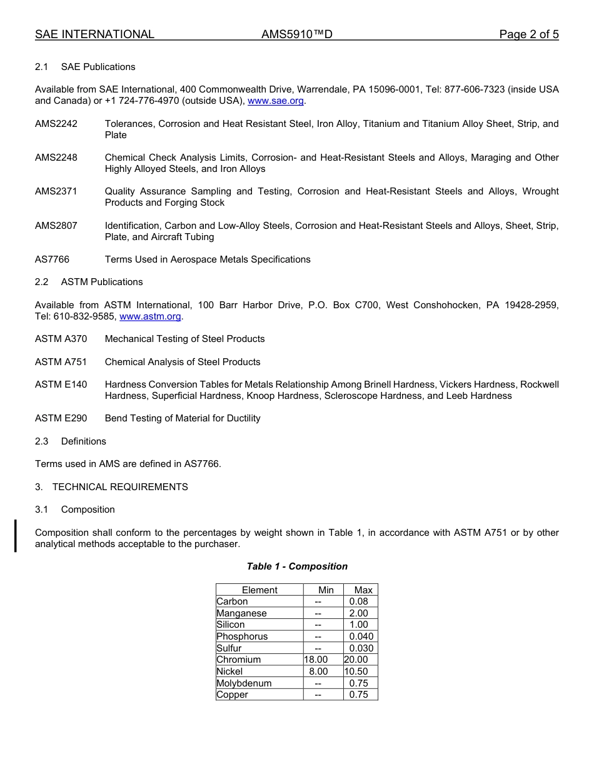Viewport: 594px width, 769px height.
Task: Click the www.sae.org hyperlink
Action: pos(276,101)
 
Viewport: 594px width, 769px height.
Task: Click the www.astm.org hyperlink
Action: pos(150,316)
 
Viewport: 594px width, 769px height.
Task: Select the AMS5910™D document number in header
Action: pos(296,34)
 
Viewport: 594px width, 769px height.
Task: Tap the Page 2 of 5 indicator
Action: pos(528,34)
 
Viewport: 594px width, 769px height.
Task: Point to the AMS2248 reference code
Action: pos(56,158)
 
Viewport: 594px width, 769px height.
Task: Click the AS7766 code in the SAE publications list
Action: pos(52,259)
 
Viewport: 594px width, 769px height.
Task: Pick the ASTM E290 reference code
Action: pos(61,418)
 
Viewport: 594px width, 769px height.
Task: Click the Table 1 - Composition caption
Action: pos(297,566)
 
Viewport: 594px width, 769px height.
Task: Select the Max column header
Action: pos(363,590)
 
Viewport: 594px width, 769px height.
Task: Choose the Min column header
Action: pos(326,590)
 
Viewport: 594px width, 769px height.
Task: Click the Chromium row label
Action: pos(238,660)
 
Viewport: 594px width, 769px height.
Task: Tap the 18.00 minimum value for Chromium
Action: pos(316,660)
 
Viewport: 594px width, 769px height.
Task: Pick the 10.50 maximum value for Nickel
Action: pos(356,671)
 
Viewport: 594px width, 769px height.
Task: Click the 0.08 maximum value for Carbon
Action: pos(359,601)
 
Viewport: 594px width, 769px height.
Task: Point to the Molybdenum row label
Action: pos(244,683)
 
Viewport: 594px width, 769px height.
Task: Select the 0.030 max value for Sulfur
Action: pos(361,648)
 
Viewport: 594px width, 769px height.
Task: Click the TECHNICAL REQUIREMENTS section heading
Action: pos(120,487)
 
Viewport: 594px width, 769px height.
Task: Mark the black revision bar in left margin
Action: pos(16,535)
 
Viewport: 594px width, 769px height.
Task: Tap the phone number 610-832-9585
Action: pos(88,316)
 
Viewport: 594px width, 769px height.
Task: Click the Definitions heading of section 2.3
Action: pos(84,441)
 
